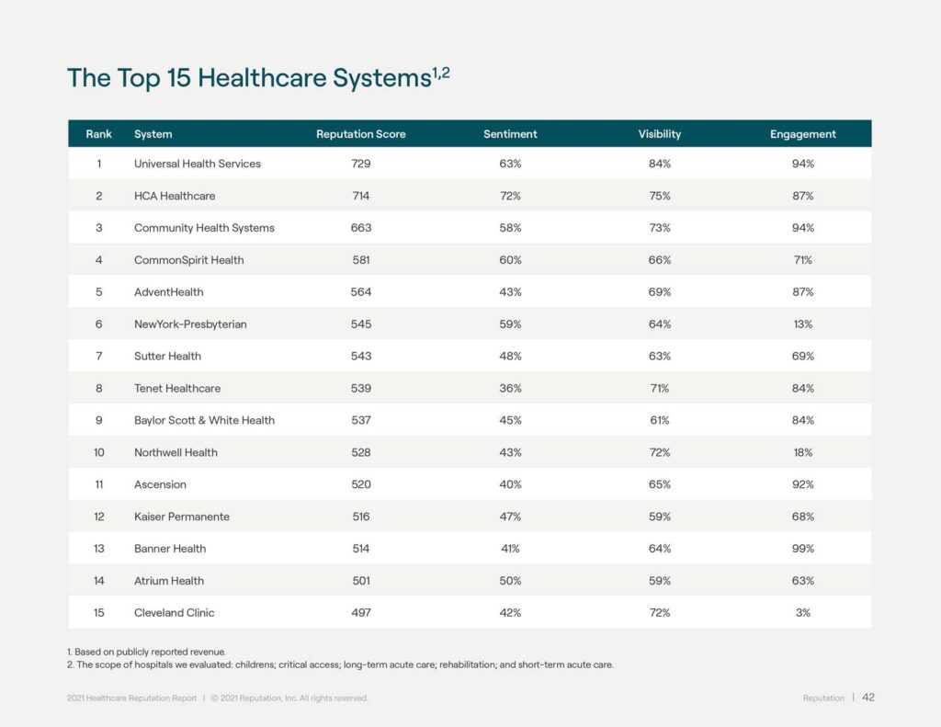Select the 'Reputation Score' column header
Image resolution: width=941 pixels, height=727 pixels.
click(x=360, y=134)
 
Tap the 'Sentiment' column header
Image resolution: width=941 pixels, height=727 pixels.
click(x=510, y=134)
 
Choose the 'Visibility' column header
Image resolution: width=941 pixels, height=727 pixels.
click(x=660, y=134)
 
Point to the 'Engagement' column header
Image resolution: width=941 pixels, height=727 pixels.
click(x=802, y=134)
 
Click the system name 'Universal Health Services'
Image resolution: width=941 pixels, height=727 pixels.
click(x=198, y=164)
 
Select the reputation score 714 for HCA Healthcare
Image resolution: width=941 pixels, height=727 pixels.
click(x=360, y=196)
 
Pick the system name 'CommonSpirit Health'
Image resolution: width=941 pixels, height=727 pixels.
click(x=189, y=260)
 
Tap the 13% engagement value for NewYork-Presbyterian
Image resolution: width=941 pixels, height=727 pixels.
click(x=802, y=324)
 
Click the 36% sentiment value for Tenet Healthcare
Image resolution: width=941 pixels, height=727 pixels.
click(x=510, y=388)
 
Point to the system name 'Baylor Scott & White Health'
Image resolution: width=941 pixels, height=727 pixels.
click(x=204, y=420)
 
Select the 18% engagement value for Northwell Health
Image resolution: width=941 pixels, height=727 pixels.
click(x=802, y=452)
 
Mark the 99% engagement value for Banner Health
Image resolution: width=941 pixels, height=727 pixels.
click(x=802, y=549)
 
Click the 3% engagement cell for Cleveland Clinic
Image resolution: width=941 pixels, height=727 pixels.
click(x=802, y=613)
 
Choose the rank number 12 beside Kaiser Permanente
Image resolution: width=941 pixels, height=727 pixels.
click(x=98, y=517)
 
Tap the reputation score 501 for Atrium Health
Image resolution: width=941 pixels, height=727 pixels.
click(x=360, y=581)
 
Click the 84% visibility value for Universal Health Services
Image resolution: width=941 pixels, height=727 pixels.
click(x=660, y=164)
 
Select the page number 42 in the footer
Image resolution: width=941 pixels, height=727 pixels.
click(x=867, y=698)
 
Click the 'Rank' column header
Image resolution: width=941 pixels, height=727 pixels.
click(x=98, y=134)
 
